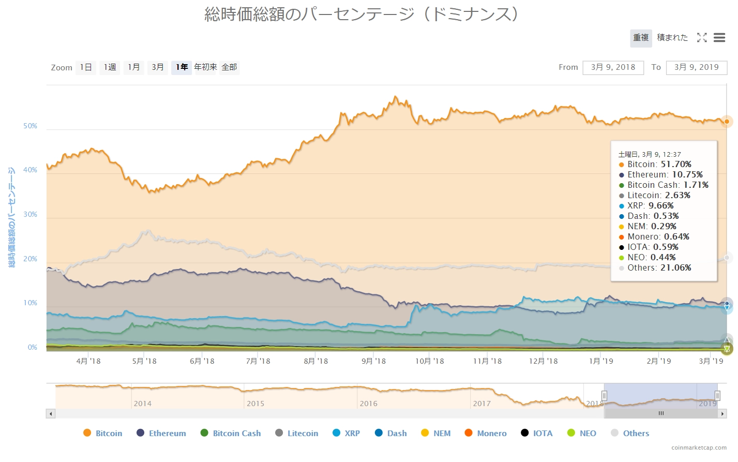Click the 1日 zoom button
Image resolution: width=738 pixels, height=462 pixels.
(x=86, y=67)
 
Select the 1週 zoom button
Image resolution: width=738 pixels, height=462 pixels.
(x=110, y=67)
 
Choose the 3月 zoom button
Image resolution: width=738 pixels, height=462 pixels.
(x=158, y=67)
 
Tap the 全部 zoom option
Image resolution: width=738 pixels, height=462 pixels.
(x=229, y=67)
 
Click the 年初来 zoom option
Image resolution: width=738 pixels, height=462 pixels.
(x=205, y=67)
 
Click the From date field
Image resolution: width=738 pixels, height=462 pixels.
(x=613, y=67)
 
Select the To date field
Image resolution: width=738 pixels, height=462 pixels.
(x=696, y=67)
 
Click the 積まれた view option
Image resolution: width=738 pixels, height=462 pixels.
(x=672, y=38)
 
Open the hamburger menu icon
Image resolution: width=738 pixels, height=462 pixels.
(x=719, y=38)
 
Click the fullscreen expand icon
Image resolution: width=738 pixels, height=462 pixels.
(x=702, y=38)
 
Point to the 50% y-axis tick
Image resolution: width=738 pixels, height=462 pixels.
(x=30, y=126)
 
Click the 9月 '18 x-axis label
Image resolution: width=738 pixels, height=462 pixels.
(x=373, y=361)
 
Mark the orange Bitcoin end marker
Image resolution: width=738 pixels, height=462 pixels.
(x=727, y=122)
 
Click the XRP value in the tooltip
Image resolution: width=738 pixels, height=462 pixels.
(x=661, y=205)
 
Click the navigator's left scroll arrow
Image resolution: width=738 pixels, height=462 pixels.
(x=51, y=413)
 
